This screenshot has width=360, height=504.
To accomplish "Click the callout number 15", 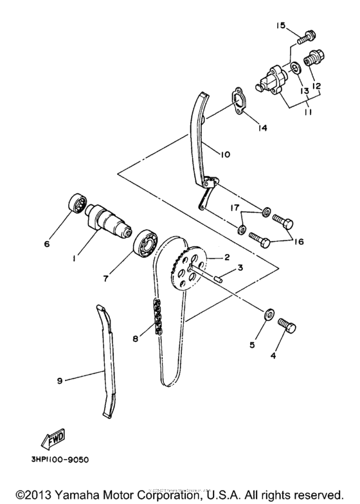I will (281, 26).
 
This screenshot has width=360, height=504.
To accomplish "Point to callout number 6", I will (46, 244).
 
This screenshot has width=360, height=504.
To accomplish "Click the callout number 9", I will (59, 381).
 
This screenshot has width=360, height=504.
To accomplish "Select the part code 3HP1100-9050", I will (61, 459).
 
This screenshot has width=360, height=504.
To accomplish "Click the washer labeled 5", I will (268, 314).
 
